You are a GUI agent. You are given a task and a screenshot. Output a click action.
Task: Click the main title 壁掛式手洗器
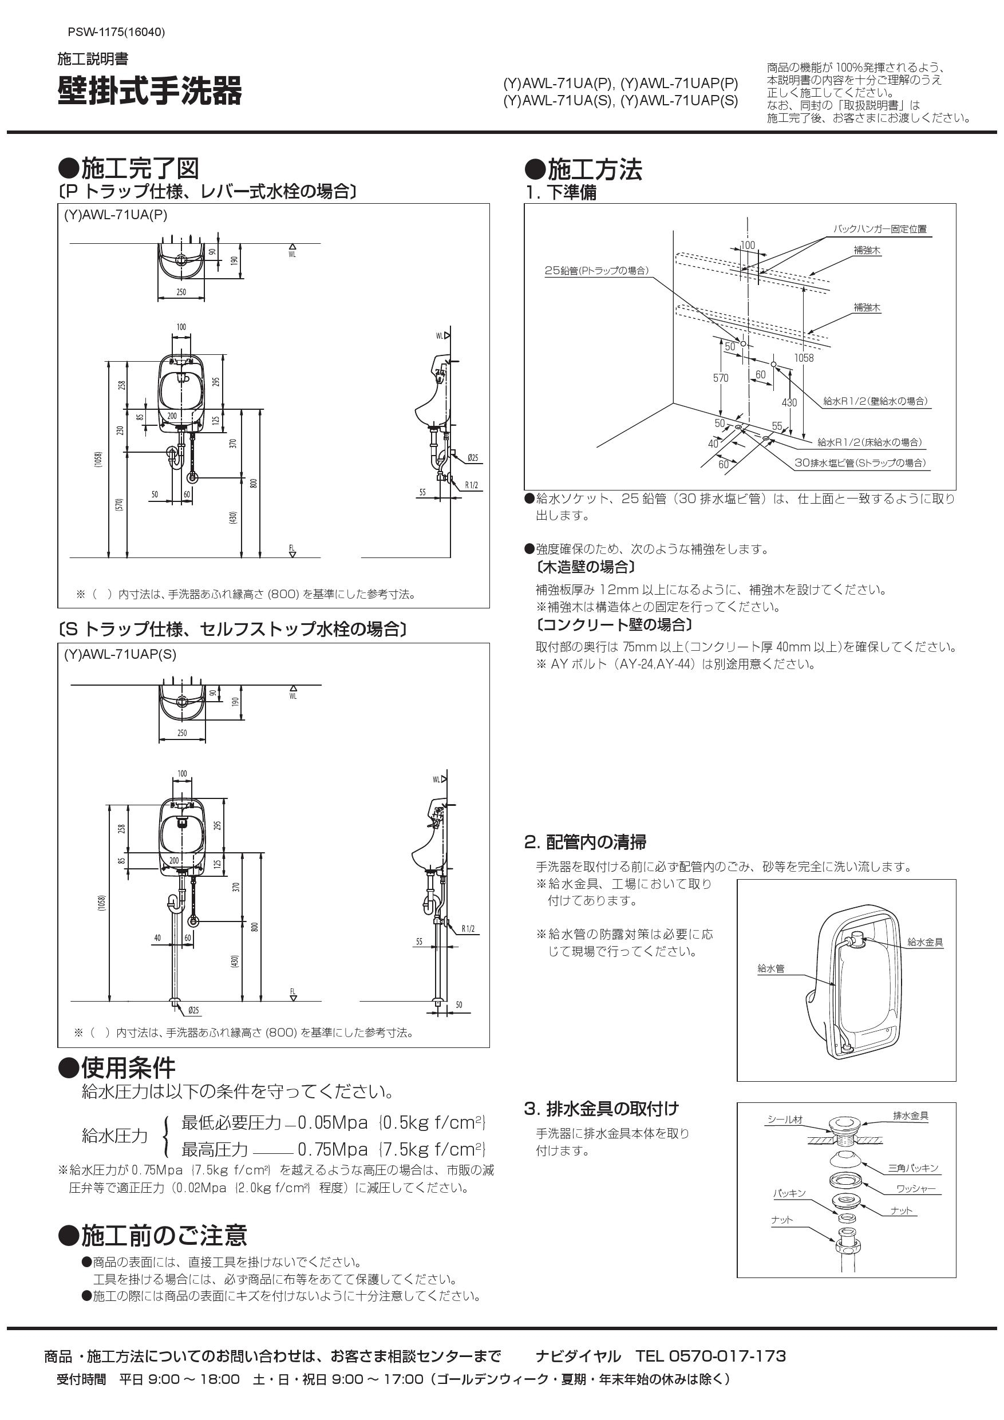(x=150, y=92)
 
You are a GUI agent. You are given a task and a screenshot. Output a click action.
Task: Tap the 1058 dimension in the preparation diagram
(x=804, y=358)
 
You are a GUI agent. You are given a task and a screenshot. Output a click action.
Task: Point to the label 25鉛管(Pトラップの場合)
(x=596, y=271)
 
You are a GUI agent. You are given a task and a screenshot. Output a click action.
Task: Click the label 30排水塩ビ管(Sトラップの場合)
(x=860, y=462)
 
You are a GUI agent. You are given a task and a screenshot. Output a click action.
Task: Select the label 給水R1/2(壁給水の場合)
(x=875, y=401)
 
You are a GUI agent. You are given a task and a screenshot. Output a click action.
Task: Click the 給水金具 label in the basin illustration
(x=925, y=942)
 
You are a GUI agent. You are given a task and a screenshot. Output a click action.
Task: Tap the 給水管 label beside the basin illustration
(x=771, y=969)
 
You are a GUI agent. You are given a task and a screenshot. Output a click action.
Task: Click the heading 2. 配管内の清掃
(x=585, y=842)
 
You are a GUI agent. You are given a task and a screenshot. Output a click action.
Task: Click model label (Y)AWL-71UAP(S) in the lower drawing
(x=120, y=654)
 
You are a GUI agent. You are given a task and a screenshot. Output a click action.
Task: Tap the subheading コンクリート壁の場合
(x=615, y=624)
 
